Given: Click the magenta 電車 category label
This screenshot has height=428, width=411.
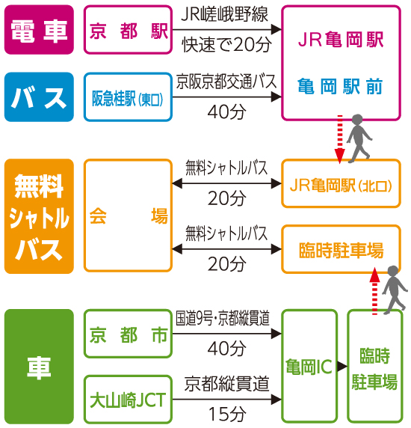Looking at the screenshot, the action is pyautogui.click(x=39, y=29).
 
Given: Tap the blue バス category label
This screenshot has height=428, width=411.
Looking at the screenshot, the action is pyautogui.click(x=39, y=97).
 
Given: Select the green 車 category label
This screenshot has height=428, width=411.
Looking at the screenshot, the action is pyautogui.click(x=39, y=367).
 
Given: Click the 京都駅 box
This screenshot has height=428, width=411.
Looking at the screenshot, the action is pyautogui.click(x=128, y=29).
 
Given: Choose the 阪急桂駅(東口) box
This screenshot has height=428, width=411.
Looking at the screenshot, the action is pyautogui.click(x=128, y=97).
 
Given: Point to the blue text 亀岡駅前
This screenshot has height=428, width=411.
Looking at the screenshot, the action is pyautogui.click(x=341, y=86).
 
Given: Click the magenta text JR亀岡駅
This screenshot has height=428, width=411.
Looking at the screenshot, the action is pyautogui.click(x=341, y=40).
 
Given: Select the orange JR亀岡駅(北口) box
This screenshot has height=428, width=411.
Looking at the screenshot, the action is pyautogui.click(x=341, y=183).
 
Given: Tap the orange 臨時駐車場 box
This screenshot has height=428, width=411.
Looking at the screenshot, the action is pyautogui.click(x=341, y=249).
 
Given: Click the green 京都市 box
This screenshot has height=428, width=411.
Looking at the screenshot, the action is pyautogui.click(x=128, y=334).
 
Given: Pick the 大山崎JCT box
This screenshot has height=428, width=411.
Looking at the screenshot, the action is pyautogui.click(x=128, y=400).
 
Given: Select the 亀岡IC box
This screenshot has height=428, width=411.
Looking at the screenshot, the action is pyautogui.click(x=309, y=367).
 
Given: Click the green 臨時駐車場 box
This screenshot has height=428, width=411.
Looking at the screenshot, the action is pyautogui.click(x=375, y=367).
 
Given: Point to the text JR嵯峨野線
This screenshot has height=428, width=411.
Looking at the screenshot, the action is pyautogui.click(x=225, y=14).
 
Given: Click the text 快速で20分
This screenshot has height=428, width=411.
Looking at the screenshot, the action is pyautogui.click(x=226, y=44).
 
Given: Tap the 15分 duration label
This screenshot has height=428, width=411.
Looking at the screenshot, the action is pyautogui.click(x=226, y=414).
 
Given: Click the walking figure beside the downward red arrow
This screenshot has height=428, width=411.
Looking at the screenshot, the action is pyautogui.click(x=359, y=138).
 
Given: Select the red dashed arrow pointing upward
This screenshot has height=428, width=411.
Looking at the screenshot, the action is pyautogui.click(x=374, y=291).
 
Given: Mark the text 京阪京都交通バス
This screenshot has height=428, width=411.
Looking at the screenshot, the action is pyautogui.click(x=226, y=82).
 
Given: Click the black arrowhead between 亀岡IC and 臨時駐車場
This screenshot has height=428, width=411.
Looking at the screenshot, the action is pyautogui.click(x=342, y=367).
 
